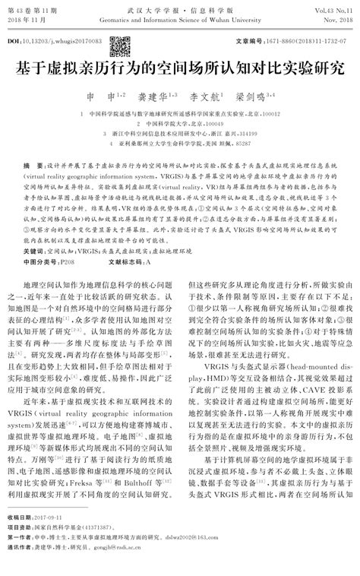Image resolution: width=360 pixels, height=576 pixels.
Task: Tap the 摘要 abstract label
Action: click(32, 164)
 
